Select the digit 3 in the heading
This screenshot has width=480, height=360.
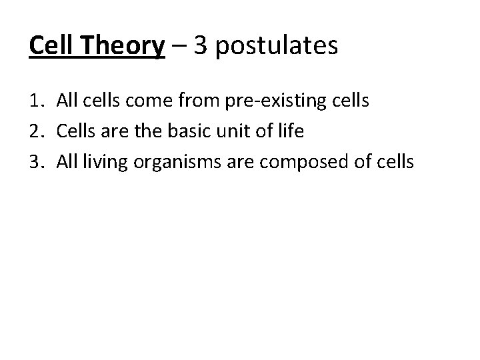click(x=201, y=47)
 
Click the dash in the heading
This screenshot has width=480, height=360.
click(x=178, y=48)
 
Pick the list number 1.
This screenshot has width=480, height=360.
click(x=37, y=102)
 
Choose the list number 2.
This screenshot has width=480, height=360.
click(x=37, y=131)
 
